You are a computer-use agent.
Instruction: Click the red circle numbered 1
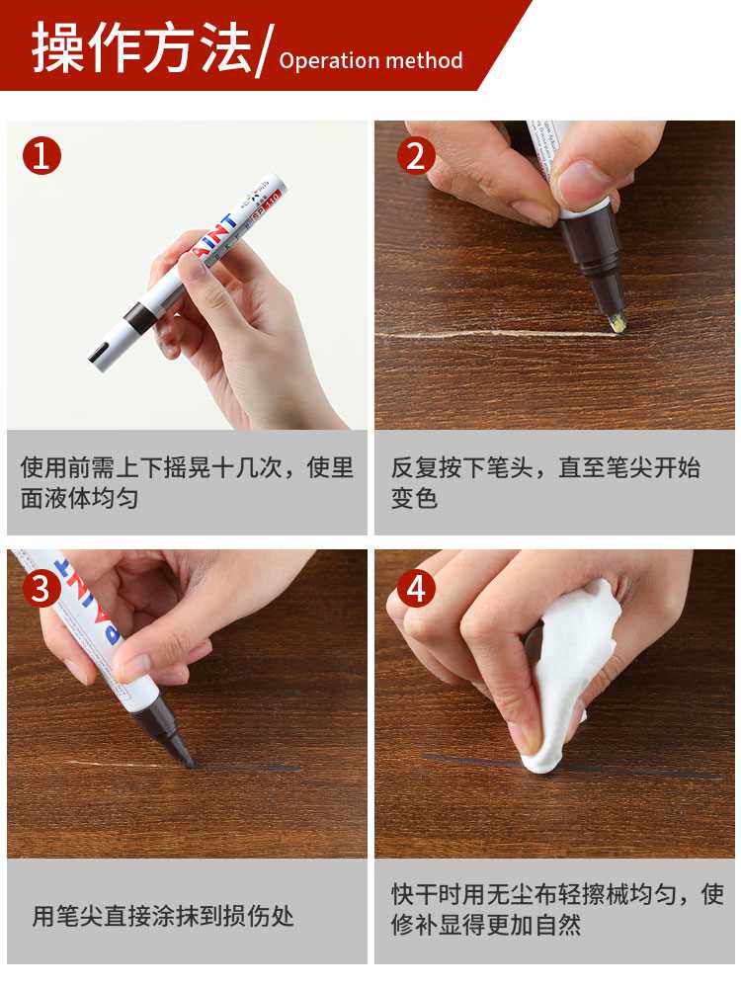(41, 156)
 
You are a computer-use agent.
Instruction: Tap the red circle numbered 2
(416, 156)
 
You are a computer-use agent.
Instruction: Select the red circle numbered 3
(41, 588)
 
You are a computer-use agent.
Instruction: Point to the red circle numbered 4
(416, 588)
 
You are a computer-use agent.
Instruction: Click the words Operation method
(370, 60)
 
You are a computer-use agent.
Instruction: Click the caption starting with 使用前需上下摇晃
(187, 482)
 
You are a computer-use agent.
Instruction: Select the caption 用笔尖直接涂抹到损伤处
(163, 916)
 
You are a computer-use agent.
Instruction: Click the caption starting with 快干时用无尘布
(557, 909)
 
